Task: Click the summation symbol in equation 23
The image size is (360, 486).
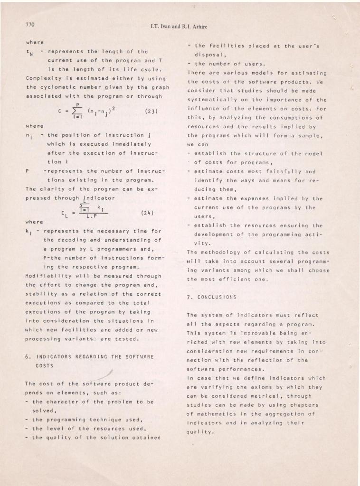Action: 76,112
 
